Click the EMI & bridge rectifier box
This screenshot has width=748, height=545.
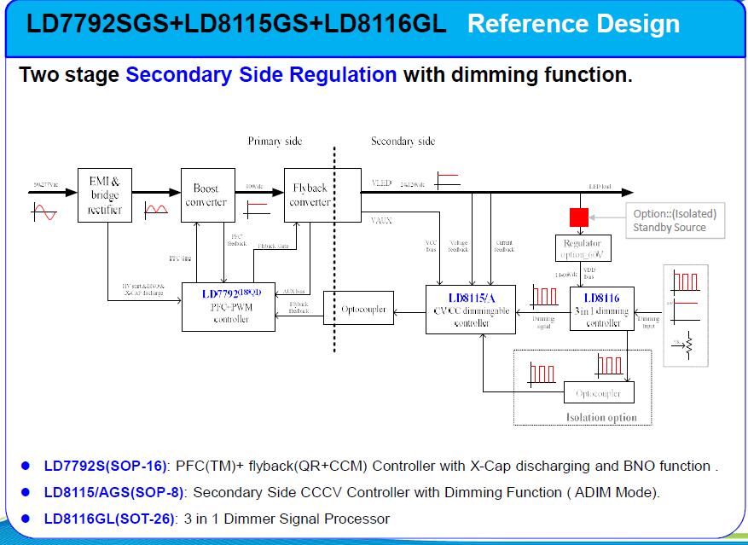coord(105,194)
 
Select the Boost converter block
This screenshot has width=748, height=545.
coord(207,194)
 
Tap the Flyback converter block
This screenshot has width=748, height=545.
coord(310,194)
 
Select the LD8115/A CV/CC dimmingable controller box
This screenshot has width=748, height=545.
coord(472,309)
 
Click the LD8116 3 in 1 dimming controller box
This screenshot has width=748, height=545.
coord(602,309)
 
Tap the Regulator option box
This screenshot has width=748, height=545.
coord(583,248)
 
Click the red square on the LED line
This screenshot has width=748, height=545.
coord(579,217)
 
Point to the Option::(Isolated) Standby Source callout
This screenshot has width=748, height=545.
coord(675,220)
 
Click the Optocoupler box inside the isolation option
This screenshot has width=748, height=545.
coord(599,393)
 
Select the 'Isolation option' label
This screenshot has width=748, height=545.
coord(601,418)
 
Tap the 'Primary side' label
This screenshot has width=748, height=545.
coord(275,141)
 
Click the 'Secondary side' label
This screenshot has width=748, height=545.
coord(403,141)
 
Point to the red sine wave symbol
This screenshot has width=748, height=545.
coord(44,212)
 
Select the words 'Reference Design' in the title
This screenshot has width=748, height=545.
coord(573,24)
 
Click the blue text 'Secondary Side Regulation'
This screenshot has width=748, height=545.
coord(261,74)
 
